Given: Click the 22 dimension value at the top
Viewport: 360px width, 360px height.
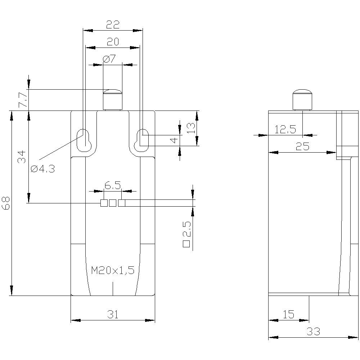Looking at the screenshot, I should pos(113,24).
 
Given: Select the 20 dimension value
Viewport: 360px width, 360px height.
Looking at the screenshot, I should pos(113,42).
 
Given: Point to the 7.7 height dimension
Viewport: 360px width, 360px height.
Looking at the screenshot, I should pos(22,100).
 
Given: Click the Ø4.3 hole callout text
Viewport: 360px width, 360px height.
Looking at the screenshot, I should pos(42,168).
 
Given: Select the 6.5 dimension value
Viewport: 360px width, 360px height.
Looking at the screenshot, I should pos(113,185).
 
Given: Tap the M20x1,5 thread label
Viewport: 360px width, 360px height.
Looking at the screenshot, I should pos(113,270).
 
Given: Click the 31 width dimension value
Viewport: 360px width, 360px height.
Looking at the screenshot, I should pos(113,315).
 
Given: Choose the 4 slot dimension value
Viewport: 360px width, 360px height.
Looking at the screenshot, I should pos(174,140).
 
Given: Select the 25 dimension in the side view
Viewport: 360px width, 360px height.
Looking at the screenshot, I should pos(302,147).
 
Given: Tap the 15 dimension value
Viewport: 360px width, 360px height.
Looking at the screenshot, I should pos(288,315).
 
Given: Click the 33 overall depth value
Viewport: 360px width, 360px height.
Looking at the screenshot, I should pos(314,332).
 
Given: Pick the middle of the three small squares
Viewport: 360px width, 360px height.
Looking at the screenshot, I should pos(113,203).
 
